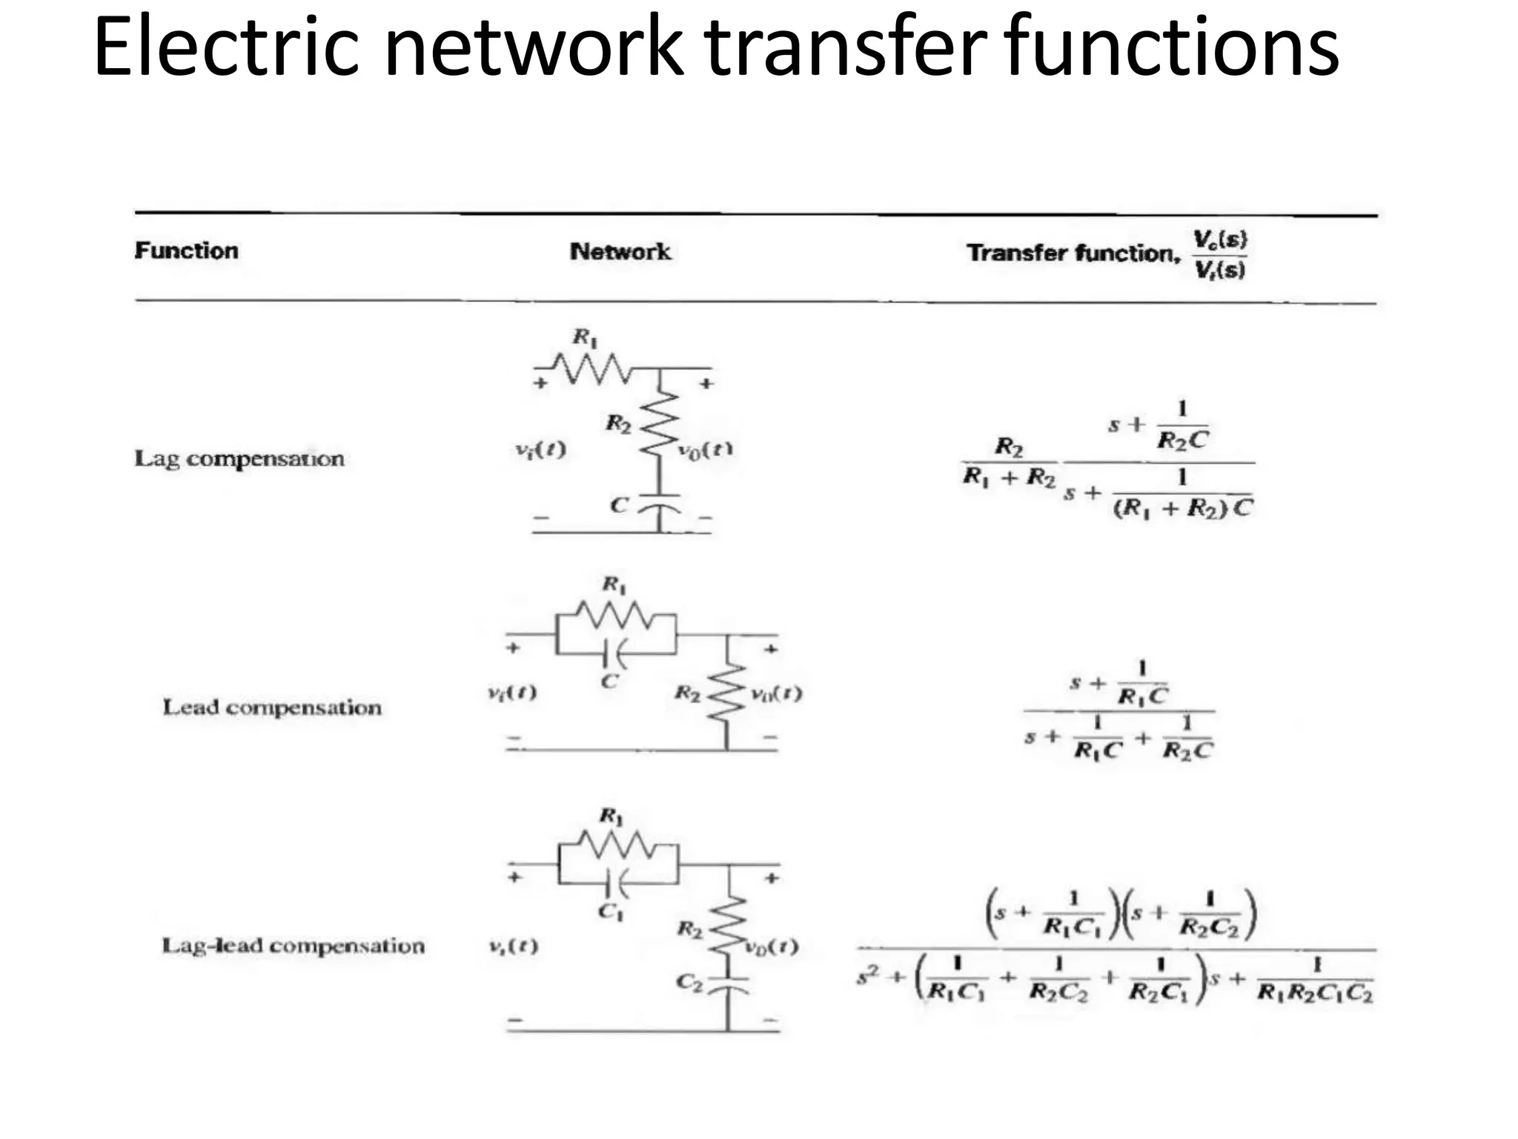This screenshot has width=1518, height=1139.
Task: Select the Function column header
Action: (186, 251)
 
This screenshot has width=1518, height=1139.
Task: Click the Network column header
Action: (620, 252)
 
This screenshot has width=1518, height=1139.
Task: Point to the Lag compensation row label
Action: (239, 458)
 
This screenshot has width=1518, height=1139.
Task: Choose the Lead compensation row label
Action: (272, 707)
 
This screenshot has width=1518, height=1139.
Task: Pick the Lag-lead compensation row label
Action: (293, 945)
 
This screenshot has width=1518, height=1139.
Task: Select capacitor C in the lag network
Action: (659, 503)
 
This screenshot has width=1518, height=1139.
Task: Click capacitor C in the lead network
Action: (615, 653)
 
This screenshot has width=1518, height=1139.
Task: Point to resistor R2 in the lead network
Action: (727, 693)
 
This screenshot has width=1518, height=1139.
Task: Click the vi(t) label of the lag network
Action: (540, 449)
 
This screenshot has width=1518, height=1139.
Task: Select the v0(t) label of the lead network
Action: (776, 693)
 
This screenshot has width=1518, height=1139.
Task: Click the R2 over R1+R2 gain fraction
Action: (1009, 462)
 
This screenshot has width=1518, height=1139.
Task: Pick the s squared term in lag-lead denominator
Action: (867, 977)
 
